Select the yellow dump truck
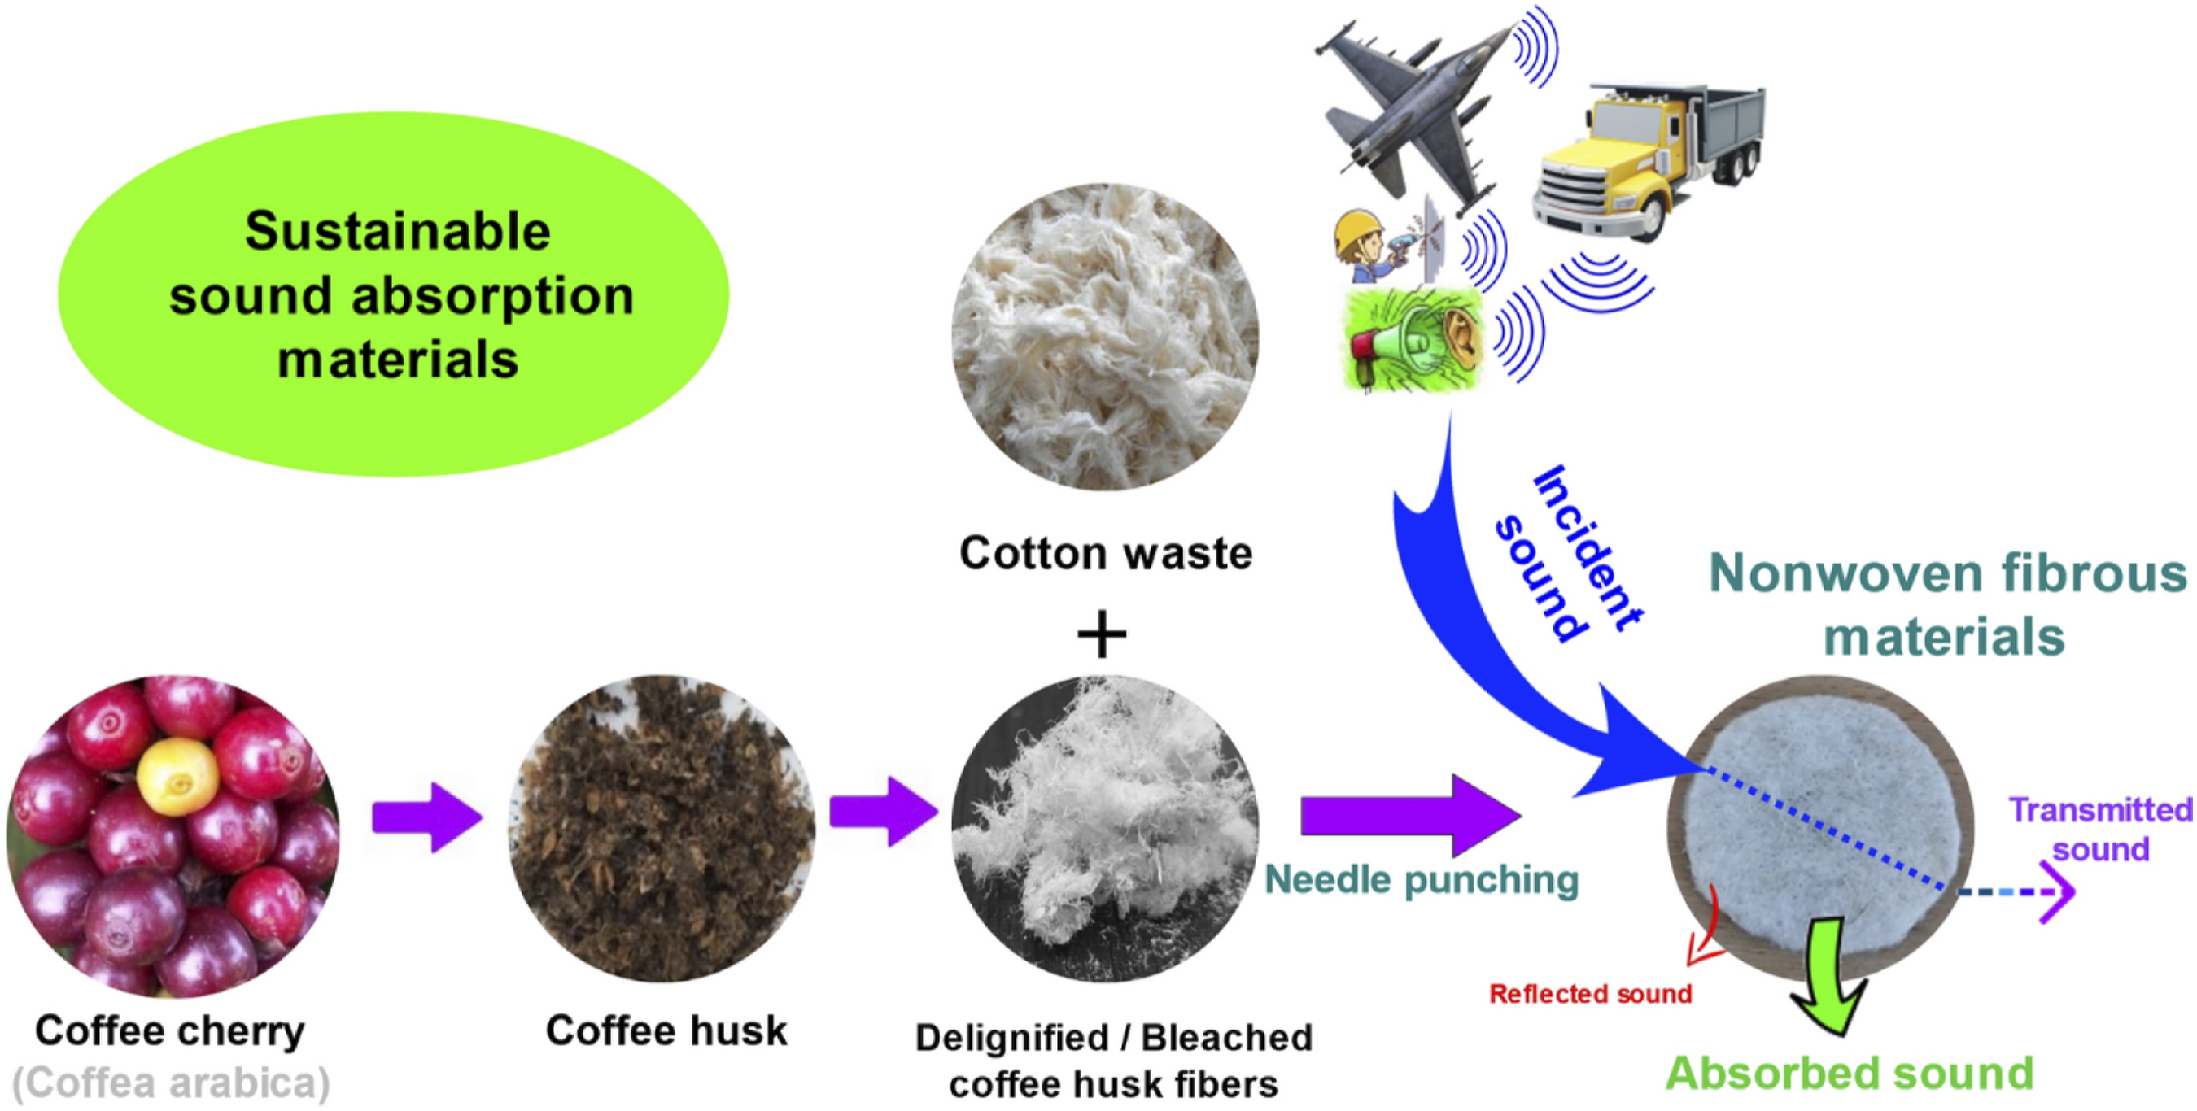pos(1646,158)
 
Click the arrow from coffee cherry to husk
pos(427,817)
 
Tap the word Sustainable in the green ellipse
pos(397,232)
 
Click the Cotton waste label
pos(1106,553)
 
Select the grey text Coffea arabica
pos(172,1083)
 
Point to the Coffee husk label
pos(666,1030)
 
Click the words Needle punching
pos(1422,880)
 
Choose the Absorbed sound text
pos(1849,1074)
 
